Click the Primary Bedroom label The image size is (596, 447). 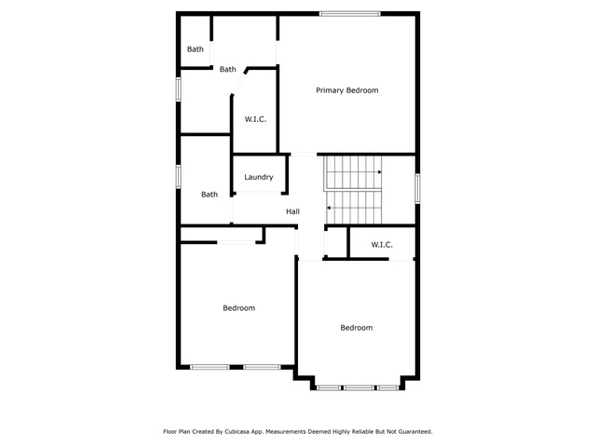point(347,90)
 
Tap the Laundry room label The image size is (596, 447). point(259,177)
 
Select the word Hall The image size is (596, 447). point(292,211)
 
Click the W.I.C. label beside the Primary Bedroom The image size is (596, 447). point(255,119)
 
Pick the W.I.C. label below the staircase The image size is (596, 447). point(382,245)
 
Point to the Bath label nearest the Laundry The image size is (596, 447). point(210,195)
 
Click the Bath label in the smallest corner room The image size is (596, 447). point(196,49)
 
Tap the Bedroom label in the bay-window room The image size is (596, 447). point(356,328)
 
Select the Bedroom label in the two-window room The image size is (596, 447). point(238,308)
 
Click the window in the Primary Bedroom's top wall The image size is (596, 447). point(350,14)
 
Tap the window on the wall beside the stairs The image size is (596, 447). point(417,188)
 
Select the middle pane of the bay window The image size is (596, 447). point(359,388)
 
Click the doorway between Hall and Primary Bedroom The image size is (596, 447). point(304,155)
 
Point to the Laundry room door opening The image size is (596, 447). point(259,194)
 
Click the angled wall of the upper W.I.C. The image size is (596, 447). point(239,83)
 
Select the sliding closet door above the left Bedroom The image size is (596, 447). point(236,242)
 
